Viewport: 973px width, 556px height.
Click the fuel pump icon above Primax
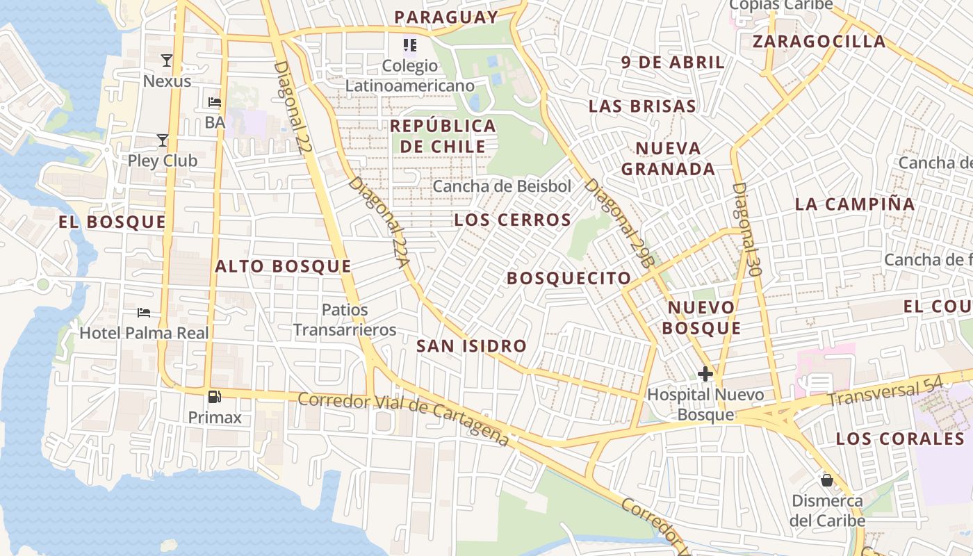(x=215, y=397)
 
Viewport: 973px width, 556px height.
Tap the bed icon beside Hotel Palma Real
(x=144, y=313)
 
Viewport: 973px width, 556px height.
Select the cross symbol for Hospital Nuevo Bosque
(x=705, y=374)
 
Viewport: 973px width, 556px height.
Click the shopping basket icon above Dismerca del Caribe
(x=827, y=480)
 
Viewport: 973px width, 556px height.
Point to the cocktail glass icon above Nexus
(x=167, y=60)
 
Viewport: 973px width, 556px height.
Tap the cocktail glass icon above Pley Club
(x=163, y=140)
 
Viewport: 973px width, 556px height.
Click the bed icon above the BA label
(x=215, y=102)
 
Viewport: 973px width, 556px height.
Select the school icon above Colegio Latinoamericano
(x=410, y=46)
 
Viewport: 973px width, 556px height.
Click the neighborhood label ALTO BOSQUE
(x=283, y=266)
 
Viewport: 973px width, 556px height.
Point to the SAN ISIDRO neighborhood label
(x=471, y=345)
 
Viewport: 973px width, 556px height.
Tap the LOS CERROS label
(x=512, y=220)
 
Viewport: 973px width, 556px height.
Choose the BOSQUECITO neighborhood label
(x=569, y=279)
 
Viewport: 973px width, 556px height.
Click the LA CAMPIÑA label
(x=855, y=204)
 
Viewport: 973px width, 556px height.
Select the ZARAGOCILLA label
(x=819, y=42)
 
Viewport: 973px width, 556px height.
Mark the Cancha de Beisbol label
(x=502, y=186)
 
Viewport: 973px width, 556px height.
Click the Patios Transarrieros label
(x=345, y=320)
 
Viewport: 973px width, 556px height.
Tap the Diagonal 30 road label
(x=747, y=229)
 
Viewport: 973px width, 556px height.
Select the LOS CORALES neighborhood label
(x=900, y=439)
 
